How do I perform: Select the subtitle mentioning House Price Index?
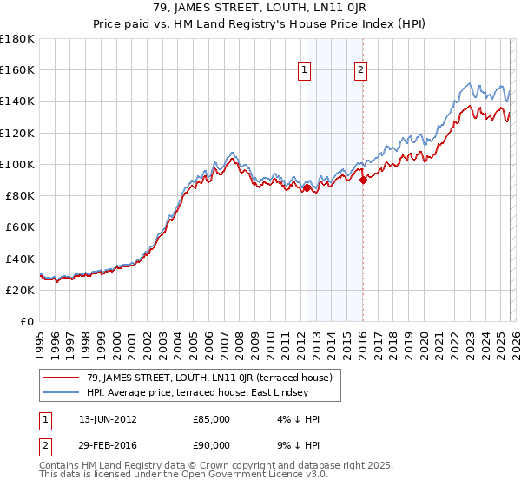pos(260,23)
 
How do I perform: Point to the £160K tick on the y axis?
pos(17,69)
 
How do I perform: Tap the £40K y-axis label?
pos(20,259)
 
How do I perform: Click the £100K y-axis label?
pos(17,164)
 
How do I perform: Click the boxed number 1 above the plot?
pos(306,71)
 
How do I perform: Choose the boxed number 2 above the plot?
pos(360,71)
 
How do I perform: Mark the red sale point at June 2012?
pos(307,187)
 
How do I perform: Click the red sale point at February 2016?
pos(363,180)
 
